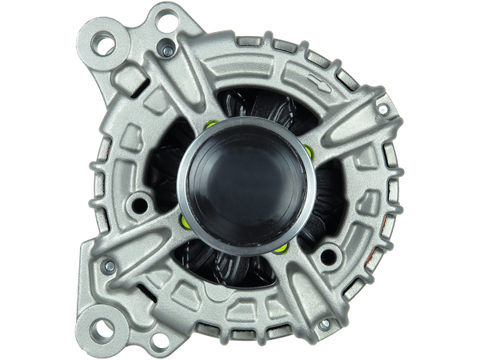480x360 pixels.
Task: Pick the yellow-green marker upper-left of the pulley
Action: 210,124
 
